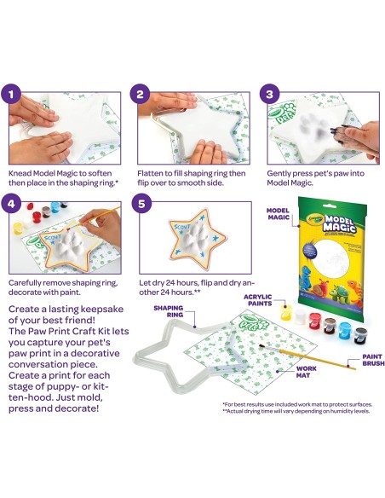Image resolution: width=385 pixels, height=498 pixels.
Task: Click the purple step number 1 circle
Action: [11, 95]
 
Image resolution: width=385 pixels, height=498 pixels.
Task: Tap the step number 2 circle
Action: [141, 95]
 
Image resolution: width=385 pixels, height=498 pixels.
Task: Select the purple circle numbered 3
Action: [269, 95]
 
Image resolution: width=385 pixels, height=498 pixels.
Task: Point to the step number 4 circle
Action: [11, 204]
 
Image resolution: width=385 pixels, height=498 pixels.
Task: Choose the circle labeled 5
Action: [141, 204]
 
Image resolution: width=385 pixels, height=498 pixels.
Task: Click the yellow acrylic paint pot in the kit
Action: [285, 311]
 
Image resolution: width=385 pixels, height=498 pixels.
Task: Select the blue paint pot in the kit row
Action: [345, 331]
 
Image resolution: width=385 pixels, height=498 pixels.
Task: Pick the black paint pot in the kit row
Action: [361, 335]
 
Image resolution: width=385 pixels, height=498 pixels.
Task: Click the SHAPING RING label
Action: [169, 311]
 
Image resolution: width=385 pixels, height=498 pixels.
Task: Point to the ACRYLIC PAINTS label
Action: [258, 300]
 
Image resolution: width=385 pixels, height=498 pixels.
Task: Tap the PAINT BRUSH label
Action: [373, 360]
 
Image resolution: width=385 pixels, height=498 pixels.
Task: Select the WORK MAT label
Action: [307, 372]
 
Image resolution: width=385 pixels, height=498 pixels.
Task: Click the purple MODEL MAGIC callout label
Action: [279, 214]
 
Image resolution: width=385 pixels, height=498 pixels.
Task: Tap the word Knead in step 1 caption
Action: [20, 173]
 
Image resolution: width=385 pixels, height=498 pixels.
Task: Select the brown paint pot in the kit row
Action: [330, 326]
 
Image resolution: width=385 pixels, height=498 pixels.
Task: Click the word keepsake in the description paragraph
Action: [102, 310]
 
